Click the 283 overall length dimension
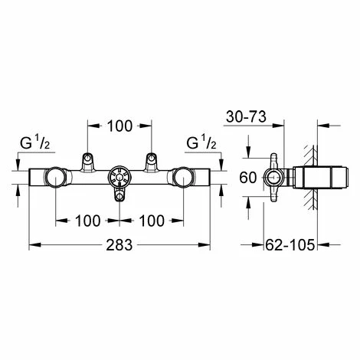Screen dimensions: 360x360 (119, 245)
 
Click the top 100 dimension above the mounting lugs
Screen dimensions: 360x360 (119, 126)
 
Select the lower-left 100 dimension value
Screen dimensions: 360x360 (87, 221)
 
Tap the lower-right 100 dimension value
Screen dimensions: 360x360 (152, 221)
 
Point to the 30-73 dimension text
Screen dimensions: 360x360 (246, 117)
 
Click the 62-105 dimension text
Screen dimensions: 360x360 (290, 245)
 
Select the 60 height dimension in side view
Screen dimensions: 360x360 (247, 178)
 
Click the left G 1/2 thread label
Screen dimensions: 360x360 (35, 143)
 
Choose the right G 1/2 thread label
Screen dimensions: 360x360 (201, 143)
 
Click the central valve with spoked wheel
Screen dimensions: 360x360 (119, 177)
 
